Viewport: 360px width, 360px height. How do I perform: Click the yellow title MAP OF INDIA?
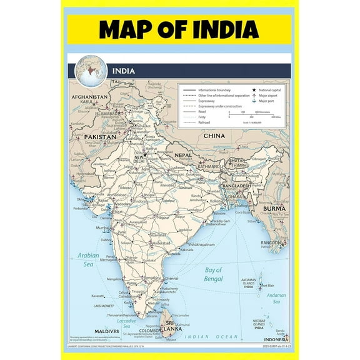coord(179,29)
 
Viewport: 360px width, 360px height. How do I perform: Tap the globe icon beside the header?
coord(89,70)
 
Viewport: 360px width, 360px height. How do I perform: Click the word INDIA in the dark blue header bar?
coord(123,71)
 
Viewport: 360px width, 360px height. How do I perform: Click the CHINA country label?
coord(214,135)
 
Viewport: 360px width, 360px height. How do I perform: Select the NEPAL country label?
coord(182,154)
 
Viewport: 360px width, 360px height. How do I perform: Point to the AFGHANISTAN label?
coord(90,98)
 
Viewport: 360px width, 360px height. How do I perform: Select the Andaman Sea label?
coord(275,296)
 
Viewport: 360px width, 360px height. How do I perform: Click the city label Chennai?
coord(172,279)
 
